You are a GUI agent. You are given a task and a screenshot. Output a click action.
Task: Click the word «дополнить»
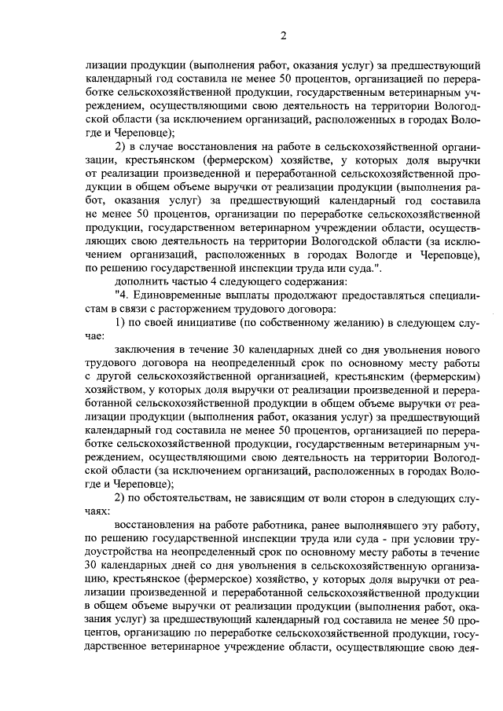pos(141,280)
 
